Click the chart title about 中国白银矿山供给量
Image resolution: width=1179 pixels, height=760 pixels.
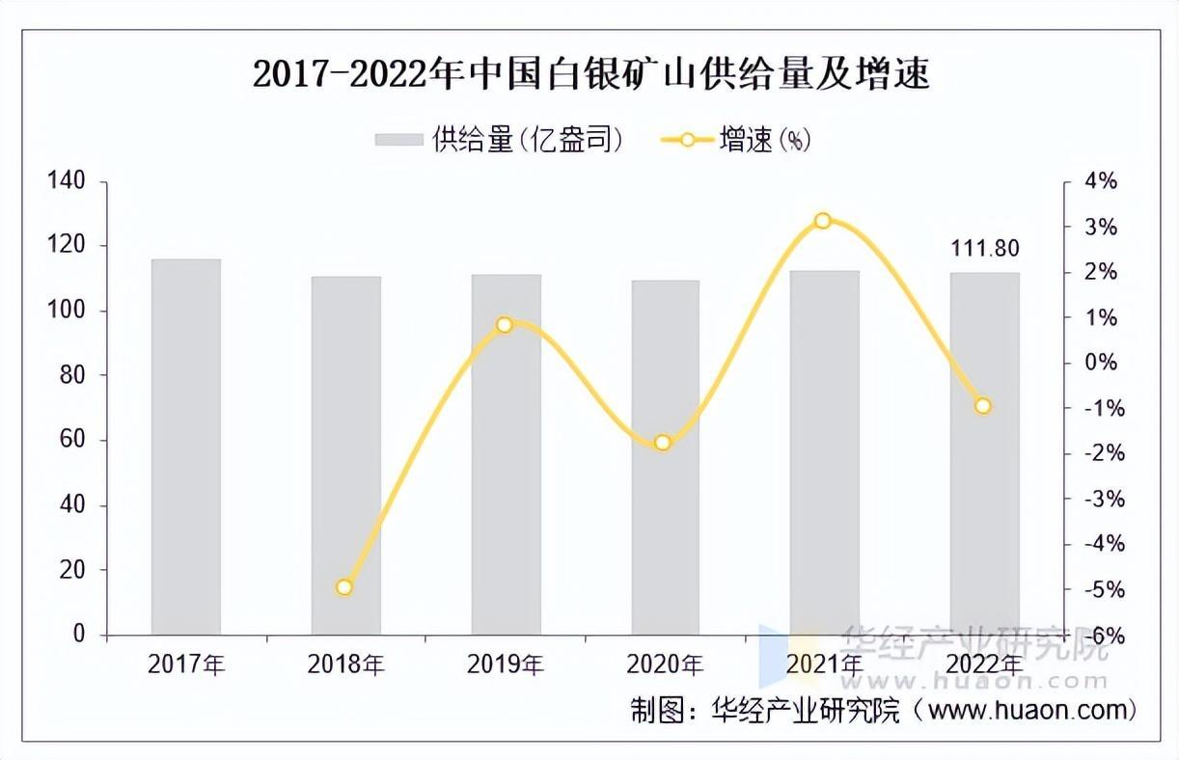590,73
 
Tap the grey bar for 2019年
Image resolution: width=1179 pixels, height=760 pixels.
506,454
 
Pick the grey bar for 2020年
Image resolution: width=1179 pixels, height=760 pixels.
665,457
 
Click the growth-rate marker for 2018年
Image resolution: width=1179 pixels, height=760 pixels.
344,587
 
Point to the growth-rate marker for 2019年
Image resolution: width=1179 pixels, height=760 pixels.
504,325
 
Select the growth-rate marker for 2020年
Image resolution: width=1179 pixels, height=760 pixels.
663,443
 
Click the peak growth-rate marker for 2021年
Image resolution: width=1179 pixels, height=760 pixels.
822,221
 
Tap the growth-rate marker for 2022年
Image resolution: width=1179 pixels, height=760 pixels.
982,406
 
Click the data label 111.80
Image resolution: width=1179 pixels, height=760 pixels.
983,249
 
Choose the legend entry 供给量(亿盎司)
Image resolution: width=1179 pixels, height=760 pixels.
500,140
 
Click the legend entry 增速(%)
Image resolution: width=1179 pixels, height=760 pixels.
736,140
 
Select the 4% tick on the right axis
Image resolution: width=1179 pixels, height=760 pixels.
1101,181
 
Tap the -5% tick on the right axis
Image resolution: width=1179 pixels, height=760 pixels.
1099,589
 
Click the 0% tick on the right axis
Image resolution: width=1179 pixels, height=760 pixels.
1101,363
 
